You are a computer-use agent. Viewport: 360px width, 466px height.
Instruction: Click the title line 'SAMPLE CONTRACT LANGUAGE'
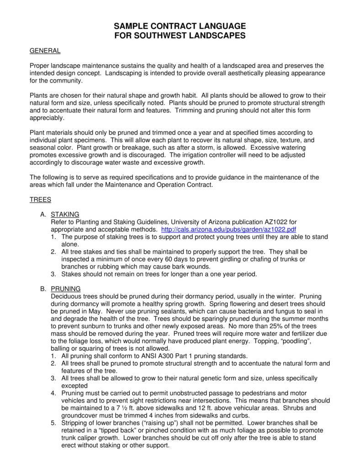click(180, 26)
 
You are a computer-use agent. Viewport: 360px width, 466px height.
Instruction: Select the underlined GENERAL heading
click(45, 50)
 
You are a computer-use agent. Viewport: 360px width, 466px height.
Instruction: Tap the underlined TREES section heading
click(40, 200)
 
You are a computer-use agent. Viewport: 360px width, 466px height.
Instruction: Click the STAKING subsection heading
click(65, 214)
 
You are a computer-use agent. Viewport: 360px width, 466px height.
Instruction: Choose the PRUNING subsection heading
click(66, 289)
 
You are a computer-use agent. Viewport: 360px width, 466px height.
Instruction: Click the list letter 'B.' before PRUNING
click(43, 289)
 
